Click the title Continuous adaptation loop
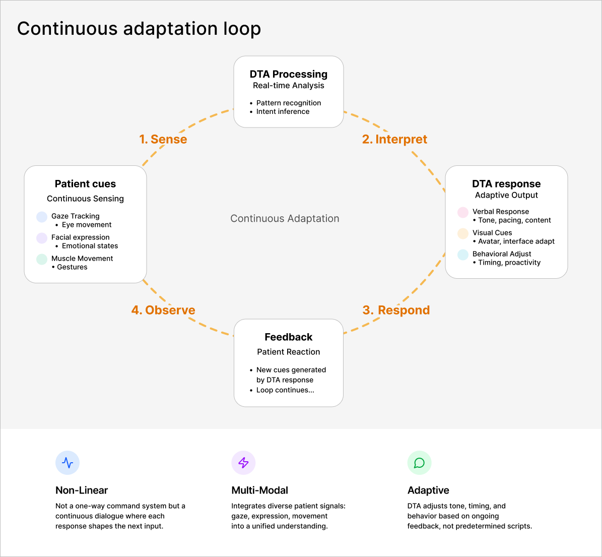139,29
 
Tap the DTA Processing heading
289,74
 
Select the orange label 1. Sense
163,139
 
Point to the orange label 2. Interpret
394,139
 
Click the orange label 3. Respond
396,310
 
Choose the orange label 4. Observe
163,310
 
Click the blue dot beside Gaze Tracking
42,217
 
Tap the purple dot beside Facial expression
42,238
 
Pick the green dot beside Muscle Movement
42,259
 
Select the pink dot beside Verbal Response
463,212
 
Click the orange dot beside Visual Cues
463,233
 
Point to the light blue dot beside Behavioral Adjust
463,255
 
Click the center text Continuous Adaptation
285,218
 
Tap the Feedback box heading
289,337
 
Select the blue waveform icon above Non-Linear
68,463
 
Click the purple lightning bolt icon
243,463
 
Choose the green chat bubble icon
419,463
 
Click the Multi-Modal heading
260,490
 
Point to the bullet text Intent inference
283,111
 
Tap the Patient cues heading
85,183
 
